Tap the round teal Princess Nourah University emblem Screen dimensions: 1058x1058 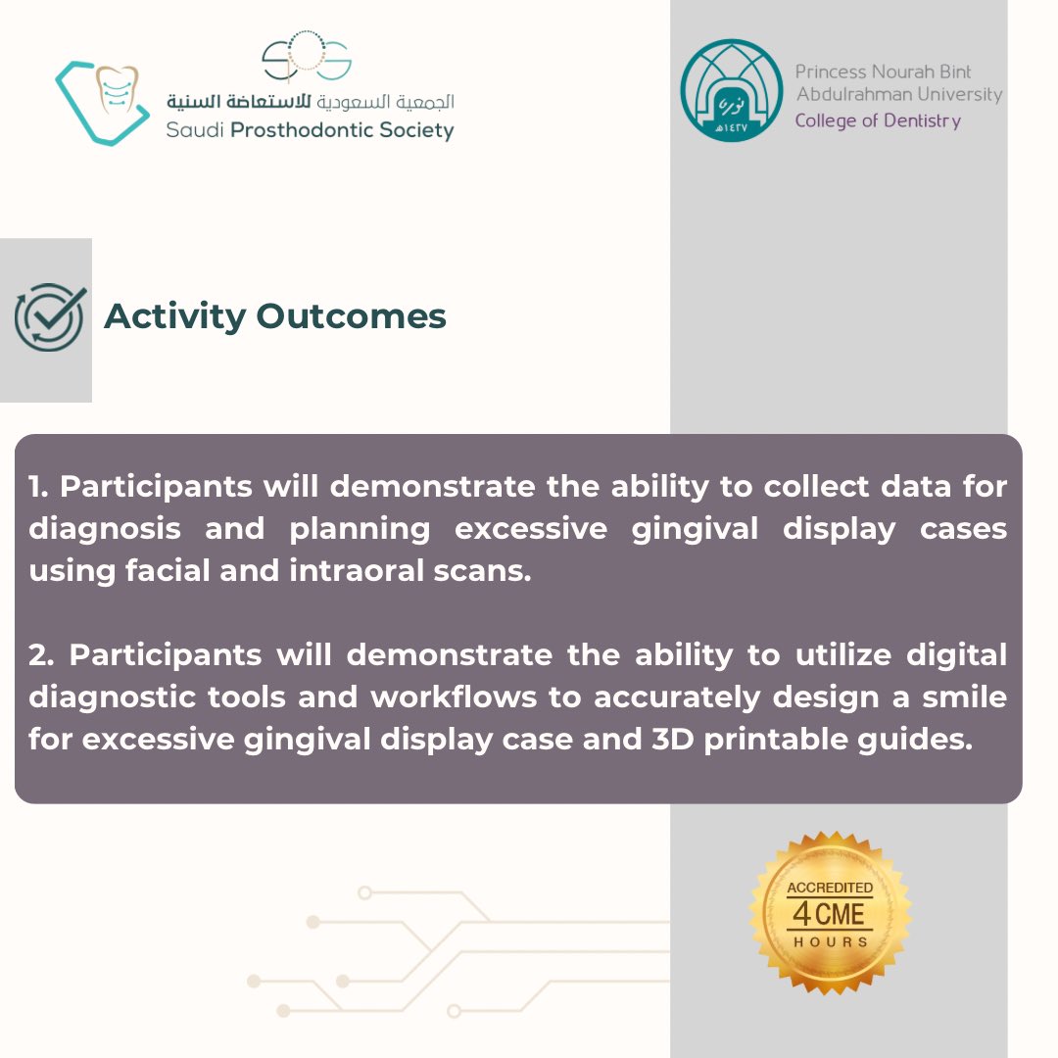pos(731,90)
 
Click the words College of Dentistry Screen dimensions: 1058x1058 pos(877,121)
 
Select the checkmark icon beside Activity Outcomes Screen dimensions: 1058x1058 pos(49,316)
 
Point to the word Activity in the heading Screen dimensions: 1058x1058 pos(174,316)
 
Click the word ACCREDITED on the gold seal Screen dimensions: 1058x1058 pos(830,888)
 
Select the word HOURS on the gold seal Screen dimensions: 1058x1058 pos(830,941)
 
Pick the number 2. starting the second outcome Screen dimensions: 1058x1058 pos(45,654)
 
